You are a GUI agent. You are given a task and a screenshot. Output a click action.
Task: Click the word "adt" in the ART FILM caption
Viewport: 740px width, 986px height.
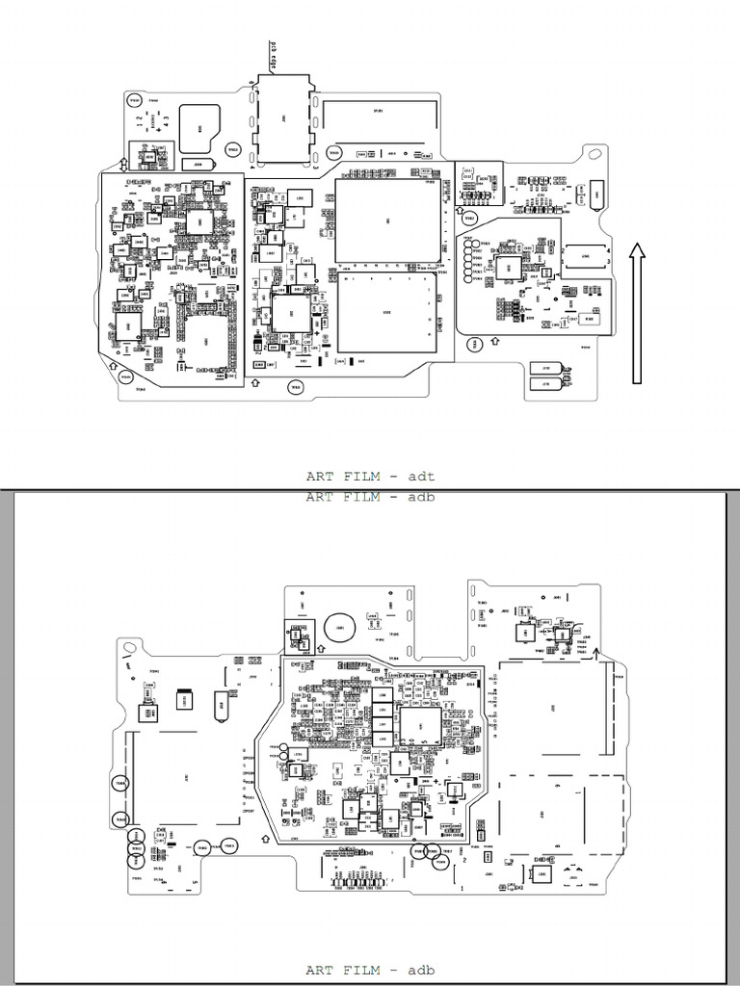pos(422,476)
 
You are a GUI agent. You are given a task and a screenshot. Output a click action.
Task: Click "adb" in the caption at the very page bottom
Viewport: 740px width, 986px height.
pos(422,971)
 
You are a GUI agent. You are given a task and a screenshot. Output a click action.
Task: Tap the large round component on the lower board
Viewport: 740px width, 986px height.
pos(339,627)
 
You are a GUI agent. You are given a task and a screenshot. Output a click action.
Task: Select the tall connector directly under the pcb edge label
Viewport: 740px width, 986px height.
pos(283,119)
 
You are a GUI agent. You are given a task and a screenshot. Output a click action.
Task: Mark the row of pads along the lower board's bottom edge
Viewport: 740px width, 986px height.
pos(359,883)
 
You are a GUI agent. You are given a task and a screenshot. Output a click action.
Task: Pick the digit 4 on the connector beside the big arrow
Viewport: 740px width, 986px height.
pos(608,249)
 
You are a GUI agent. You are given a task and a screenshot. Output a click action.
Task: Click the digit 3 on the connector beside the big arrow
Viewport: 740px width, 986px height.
pos(608,262)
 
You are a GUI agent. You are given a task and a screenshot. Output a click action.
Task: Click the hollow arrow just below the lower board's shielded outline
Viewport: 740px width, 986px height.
pos(266,840)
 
